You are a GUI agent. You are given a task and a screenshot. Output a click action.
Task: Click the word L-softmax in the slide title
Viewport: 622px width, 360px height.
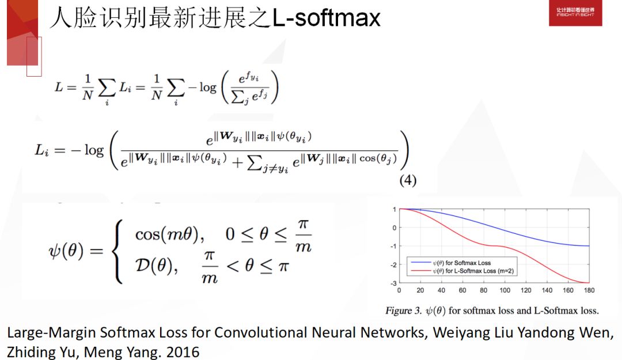[x=326, y=18]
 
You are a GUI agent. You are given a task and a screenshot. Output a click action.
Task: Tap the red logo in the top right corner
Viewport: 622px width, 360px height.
[x=575, y=13]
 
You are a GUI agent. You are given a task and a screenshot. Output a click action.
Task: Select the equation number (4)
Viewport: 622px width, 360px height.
[x=408, y=180]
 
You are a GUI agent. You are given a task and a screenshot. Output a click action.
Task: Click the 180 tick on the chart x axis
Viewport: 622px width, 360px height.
[x=589, y=290]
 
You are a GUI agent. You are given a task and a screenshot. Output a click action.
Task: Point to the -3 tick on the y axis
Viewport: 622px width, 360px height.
[x=393, y=283]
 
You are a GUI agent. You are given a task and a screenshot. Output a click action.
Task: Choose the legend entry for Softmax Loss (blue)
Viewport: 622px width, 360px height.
[x=454, y=263]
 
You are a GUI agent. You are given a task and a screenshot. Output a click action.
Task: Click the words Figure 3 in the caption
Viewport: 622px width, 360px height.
[x=399, y=311]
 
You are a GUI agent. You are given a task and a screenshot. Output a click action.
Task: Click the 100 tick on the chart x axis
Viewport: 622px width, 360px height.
[x=505, y=290]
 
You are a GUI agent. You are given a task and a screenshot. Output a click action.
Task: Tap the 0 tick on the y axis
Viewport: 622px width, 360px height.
[x=394, y=228]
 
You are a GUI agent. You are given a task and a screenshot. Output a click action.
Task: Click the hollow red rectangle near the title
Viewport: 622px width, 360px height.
[x=35, y=56]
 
